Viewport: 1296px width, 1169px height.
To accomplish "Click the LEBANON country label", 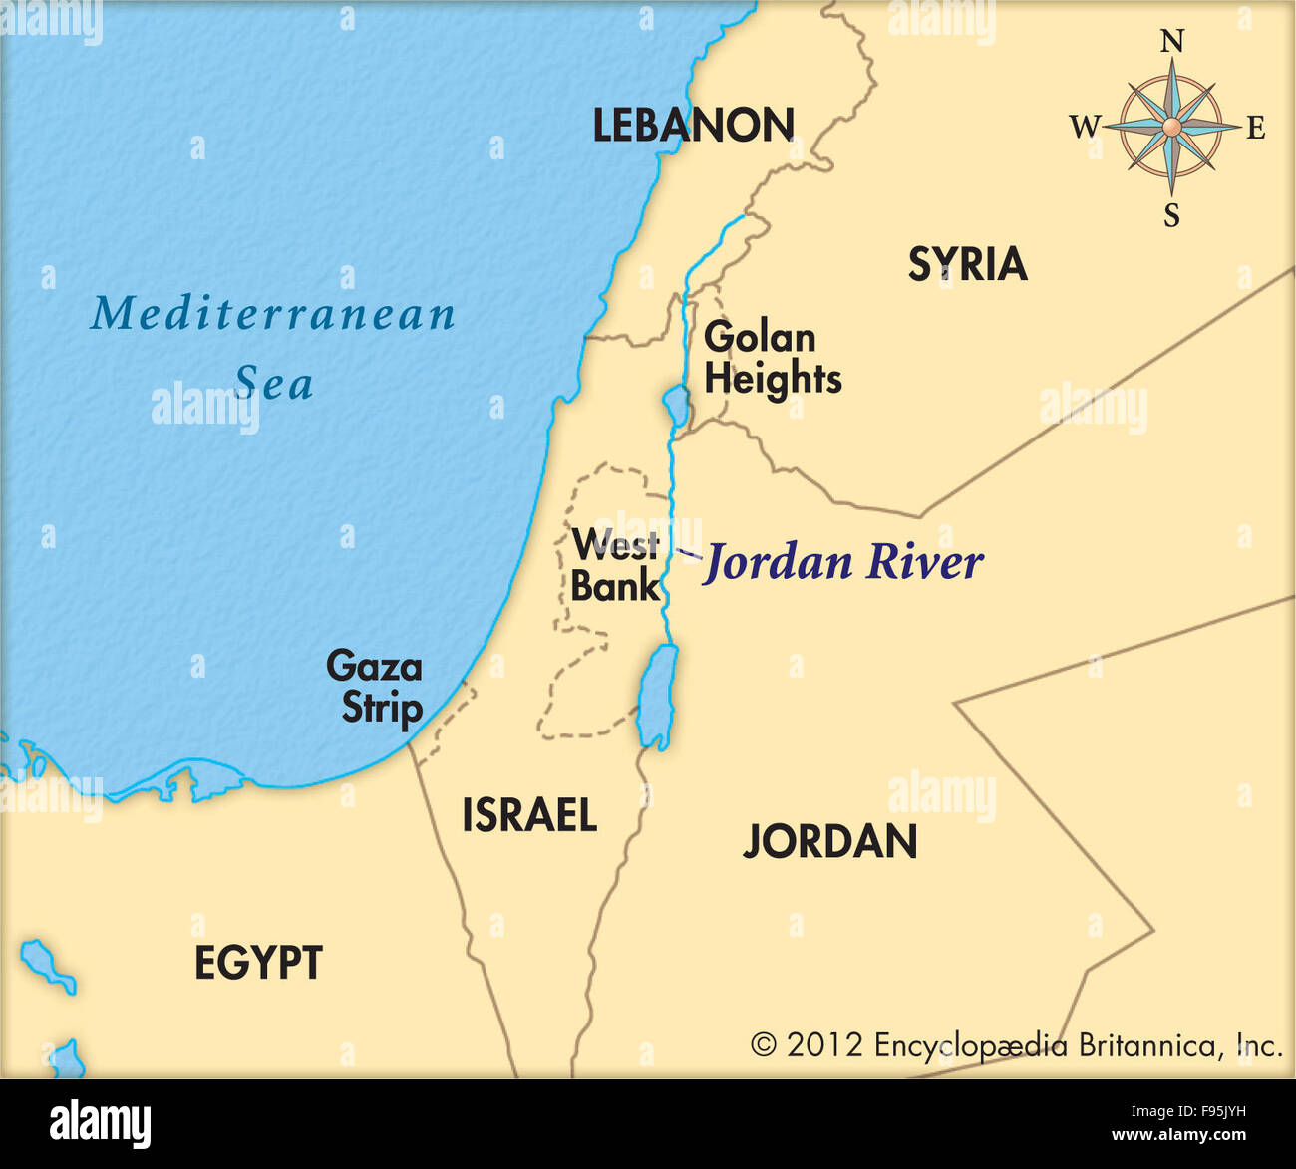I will pos(693,126).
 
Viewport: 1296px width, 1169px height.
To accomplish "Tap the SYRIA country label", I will pos(967,264).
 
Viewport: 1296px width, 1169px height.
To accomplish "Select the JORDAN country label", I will pos(829,842).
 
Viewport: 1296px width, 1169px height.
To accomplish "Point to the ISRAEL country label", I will pos(528,816).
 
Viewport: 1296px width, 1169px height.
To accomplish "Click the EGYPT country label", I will pos(258,963).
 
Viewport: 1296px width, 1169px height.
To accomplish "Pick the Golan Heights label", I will pos(772,359).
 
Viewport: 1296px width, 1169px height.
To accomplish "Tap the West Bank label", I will pos(615,565).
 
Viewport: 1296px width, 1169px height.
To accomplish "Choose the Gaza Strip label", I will pos(376,687).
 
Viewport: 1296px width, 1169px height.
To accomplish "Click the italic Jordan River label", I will pos(843,563).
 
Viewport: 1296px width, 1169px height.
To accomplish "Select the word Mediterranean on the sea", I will pos(273,314).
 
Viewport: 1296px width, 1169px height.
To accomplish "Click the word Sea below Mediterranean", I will pos(274,384).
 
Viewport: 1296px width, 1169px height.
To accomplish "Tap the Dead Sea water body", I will pos(658,695).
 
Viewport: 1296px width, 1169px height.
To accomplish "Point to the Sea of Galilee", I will pos(675,406).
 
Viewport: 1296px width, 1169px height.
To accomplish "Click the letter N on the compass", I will pos(1172,42).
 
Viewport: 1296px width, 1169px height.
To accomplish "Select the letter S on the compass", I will pos(1171,214).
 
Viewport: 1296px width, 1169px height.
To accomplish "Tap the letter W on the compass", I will pos(1084,127).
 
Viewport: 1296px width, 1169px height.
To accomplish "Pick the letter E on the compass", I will pos(1256,128).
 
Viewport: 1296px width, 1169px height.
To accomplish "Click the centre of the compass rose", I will pos(1171,127).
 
